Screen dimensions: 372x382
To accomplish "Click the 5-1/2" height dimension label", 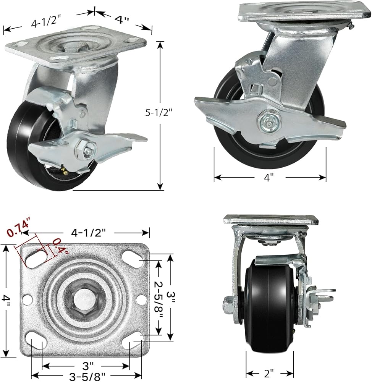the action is click(x=159, y=113).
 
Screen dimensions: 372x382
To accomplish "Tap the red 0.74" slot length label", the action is click(x=18, y=229).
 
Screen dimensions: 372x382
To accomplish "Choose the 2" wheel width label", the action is click(x=269, y=373).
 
